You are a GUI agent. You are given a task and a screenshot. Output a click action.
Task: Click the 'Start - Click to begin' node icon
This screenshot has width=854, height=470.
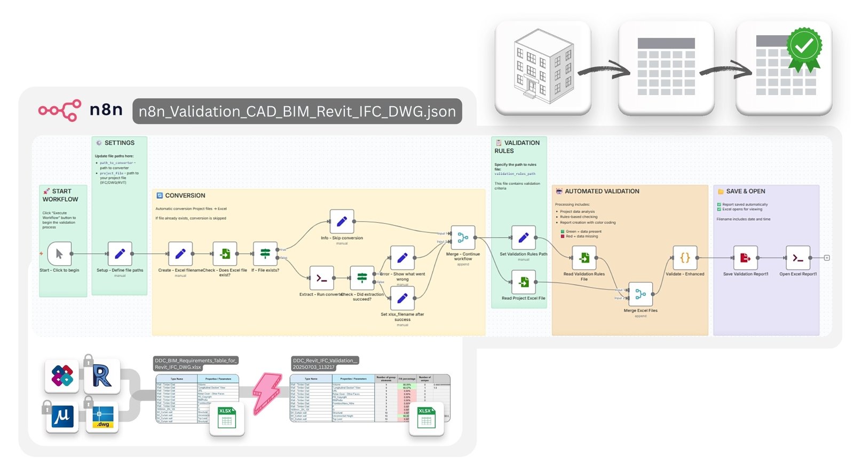pyautogui.click(x=59, y=254)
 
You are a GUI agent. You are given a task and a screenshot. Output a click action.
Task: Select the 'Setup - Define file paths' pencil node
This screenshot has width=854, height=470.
pyautogui.click(x=120, y=254)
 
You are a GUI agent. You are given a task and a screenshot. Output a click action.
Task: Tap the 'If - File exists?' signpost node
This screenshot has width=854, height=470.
pyautogui.click(x=265, y=254)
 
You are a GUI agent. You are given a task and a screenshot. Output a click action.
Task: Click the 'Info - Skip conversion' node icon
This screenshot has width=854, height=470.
pyautogui.click(x=342, y=221)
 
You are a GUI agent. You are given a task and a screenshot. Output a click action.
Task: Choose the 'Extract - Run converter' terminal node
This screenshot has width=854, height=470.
pyautogui.click(x=321, y=278)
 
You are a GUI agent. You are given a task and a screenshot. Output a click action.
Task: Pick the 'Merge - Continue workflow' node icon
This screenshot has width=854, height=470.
pyautogui.click(x=463, y=238)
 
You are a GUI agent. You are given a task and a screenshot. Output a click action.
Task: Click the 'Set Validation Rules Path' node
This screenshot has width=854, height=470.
pyautogui.click(x=524, y=238)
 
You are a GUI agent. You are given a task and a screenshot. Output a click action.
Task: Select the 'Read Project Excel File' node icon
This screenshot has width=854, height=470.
pyautogui.click(x=524, y=281)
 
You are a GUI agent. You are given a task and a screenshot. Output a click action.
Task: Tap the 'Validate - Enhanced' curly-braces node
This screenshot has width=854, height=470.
pyautogui.click(x=685, y=258)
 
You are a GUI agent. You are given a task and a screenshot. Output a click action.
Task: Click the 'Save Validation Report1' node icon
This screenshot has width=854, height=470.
pyautogui.click(x=745, y=258)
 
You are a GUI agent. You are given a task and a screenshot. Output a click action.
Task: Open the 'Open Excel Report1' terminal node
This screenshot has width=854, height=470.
pyautogui.click(x=798, y=258)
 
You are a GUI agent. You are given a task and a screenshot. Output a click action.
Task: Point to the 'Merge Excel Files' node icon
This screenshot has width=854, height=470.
pyautogui.click(x=640, y=294)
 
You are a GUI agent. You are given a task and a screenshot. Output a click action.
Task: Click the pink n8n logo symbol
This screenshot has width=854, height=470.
pyautogui.click(x=60, y=111)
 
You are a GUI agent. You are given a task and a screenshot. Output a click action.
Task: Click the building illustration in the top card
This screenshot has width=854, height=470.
pyautogui.click(x=543, y=67)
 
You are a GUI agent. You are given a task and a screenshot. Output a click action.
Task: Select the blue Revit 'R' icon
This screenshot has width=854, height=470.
pyautogui.click(x=101, y=376)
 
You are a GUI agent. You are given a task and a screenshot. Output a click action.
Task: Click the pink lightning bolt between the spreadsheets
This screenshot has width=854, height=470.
pyautogui.click(x=267, y=393)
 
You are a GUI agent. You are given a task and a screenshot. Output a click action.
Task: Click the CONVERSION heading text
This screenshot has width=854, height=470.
pyautogui.click(x=185, y=195)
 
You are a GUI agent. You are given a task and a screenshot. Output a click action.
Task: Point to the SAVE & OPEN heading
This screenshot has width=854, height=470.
pyautogui.click(x=745, y=191)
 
